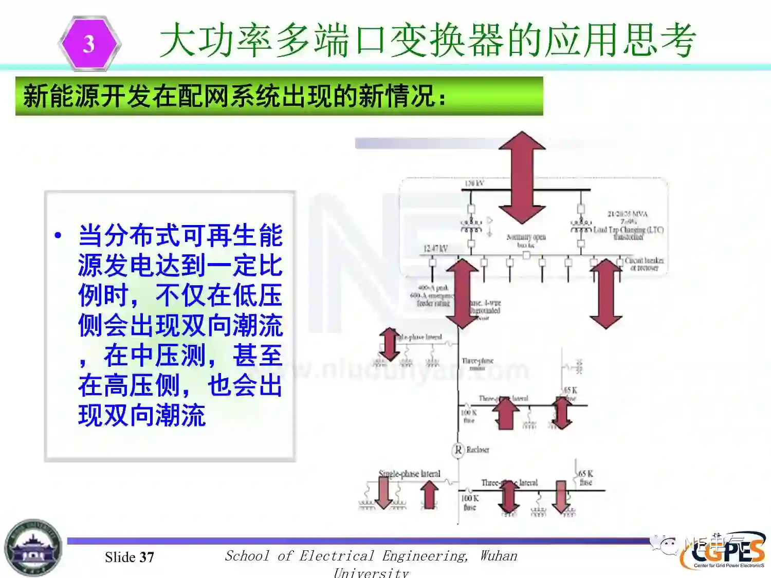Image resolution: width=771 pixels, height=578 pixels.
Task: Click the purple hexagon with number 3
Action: click(x=89, y=44)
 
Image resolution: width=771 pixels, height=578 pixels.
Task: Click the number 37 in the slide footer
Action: click(x=147, y=557)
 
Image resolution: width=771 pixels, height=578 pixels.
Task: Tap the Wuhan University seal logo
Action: click(x=33, y=548)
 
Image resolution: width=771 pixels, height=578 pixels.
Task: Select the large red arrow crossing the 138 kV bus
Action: click(x=522, y=177)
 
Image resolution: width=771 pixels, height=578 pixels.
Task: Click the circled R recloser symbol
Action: click(x=458, y=450)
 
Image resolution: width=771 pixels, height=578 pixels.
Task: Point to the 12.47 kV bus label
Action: click(x=435, y=249)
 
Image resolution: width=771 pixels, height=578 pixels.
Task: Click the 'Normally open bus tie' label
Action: click(x=526, y=240)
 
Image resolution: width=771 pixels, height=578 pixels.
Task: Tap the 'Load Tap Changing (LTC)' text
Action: click(x=628, y=230)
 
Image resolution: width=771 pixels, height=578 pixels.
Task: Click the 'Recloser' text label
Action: click(x=478, y=450)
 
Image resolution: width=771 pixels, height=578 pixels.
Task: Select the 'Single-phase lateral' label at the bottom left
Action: click(x=410, y=474)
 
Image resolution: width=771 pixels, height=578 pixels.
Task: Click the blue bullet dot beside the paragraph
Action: click(x=58, y=236)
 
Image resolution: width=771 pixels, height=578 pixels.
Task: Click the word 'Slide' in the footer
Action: click(x=120, y=557)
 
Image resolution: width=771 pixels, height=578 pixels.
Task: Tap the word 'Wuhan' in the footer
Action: click(x=499, y=556)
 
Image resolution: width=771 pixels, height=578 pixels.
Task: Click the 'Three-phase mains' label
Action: click(x=478, y=364)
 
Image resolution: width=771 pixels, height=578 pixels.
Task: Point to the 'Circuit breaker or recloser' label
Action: click(x=644, y=264)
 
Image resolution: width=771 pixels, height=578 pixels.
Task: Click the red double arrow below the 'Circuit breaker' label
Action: click(x=606, y=293)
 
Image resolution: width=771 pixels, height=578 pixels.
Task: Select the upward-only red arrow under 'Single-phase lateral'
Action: click(x=429, y=495)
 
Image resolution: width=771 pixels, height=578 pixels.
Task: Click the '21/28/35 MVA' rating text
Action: click(x=628, y=214)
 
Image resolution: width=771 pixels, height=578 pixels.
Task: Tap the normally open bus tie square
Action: click(x=526, y=255)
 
